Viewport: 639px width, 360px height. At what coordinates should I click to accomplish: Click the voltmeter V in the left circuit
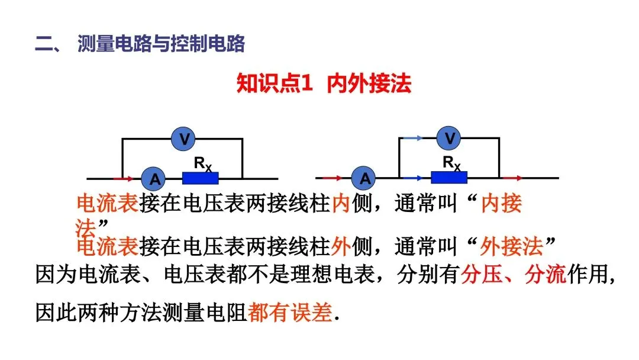pos(185,139)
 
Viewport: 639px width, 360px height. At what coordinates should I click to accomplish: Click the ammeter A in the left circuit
pos(154,178)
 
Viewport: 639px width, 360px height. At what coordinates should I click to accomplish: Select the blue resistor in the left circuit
pos(200,178)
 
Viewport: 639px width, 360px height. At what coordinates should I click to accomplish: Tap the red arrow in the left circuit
pos(123,178)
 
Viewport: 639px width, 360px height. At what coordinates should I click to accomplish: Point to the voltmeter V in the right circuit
pos(450,138)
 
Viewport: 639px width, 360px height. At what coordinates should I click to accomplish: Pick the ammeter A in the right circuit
pos(364,178)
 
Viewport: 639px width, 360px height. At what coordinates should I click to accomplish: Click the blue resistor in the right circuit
pos(448,178)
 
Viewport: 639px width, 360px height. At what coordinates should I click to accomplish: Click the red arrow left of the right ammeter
pos(333,178)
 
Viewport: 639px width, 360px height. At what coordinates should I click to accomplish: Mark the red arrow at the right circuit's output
pos(512,178)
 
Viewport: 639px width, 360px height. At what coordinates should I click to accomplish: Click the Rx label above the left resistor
pos(202,162)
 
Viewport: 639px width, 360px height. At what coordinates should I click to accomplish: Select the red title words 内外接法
pos(369,83)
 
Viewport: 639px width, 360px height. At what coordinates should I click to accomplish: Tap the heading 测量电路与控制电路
pos(160,44)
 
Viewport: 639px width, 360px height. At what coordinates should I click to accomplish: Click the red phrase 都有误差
pos(290,313)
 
